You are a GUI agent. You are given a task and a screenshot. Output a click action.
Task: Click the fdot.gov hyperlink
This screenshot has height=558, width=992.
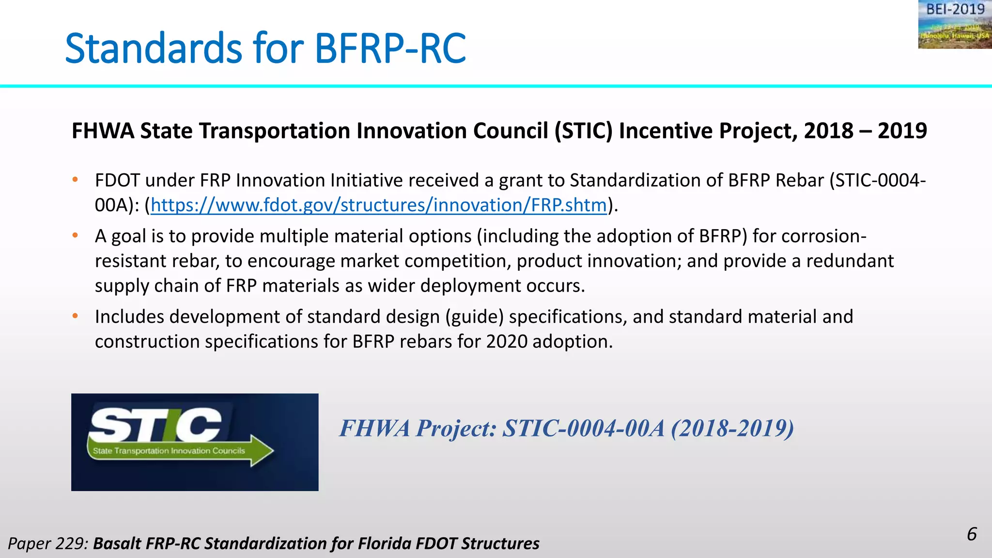378,205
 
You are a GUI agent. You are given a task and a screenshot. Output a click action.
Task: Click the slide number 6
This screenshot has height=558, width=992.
971,534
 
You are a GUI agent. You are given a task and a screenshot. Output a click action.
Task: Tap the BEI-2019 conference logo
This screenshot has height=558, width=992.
955,24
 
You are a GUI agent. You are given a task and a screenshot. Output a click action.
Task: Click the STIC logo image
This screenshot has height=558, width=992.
195,442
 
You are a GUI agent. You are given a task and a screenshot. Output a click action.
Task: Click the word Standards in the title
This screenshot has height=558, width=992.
153,48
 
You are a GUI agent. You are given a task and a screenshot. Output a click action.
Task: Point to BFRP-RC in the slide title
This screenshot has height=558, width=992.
390,48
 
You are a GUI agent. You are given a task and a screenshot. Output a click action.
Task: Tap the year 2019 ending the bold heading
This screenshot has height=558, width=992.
902,131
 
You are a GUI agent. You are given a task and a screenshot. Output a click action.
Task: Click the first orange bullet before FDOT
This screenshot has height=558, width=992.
75,180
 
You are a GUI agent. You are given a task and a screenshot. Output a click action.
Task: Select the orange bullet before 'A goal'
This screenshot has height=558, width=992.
75,236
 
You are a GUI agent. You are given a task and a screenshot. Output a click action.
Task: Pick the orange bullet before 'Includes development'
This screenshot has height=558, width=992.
75,316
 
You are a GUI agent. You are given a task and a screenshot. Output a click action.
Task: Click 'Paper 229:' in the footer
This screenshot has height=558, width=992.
48,543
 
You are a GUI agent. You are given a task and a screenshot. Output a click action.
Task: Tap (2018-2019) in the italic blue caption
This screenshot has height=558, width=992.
732,428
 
